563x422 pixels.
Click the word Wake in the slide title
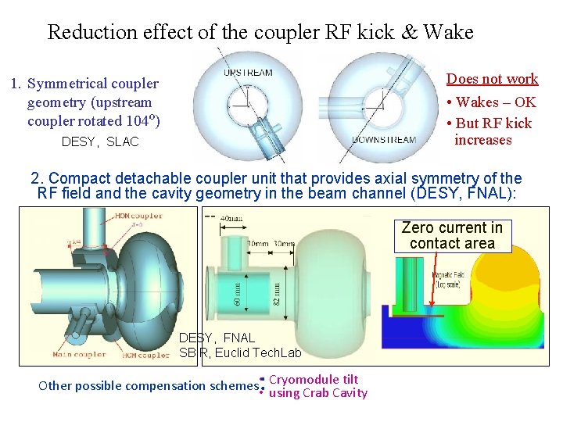[x=448, y=32]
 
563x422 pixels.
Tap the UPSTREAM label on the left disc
[x=248, y=73]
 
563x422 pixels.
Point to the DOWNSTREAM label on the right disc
[x=384, y=141]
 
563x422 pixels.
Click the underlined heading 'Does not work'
[x=492, y=79]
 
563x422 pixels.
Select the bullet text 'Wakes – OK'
[x=496, y=102]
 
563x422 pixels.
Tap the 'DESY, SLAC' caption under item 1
[x=100, y=142]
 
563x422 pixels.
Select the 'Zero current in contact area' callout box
[x=453, y=235]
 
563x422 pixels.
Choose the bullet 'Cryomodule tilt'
[x=314, y=380]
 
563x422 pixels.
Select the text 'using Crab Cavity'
[x=317, y=393]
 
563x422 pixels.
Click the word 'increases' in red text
[x=483, y=140]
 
